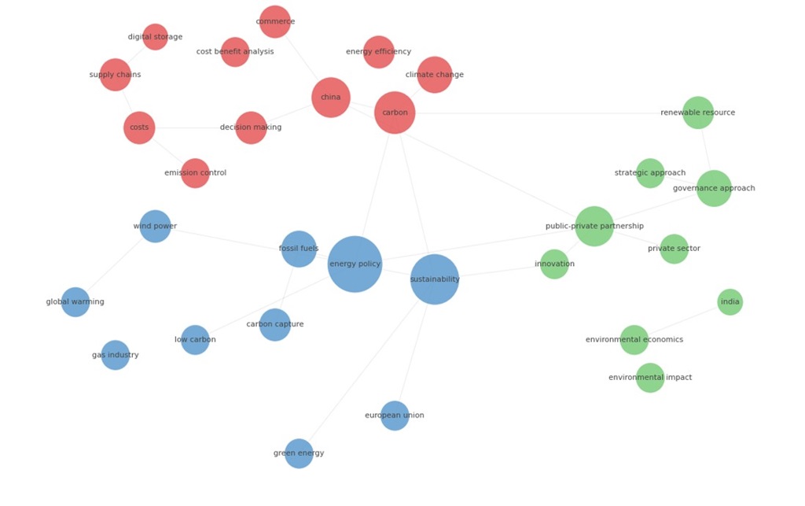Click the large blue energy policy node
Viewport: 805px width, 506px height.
click(x=355, y=264)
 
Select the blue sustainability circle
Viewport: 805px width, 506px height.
click(x=435, y=279)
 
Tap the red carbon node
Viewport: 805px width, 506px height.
click(x=395, y=113)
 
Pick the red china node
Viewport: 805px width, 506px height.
click(x=331, y=97)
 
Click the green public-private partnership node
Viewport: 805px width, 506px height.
click(x=594, y=226)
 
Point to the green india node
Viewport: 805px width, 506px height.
click(x=730, y=302)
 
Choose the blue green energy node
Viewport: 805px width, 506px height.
click(x=299, y=453)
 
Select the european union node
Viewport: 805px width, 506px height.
click(x=395, y=416)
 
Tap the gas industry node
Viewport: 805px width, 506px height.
click(x=116, y=355)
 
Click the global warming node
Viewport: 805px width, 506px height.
click(x=75, y=302)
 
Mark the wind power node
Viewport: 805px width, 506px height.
click(x=155, y=226)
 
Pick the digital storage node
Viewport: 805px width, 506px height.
click(x=155, y=36)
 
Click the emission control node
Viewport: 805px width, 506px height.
click(x=195, y=173)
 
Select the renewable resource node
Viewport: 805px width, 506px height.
click(x=698, y=113)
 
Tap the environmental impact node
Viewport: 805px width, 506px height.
click(x=650, y=378)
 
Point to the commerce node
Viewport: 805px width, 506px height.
click(x=275, y=21)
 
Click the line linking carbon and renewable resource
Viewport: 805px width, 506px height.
click(x=549, y=113)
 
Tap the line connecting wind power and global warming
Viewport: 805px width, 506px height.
click(x=115, y=264)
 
